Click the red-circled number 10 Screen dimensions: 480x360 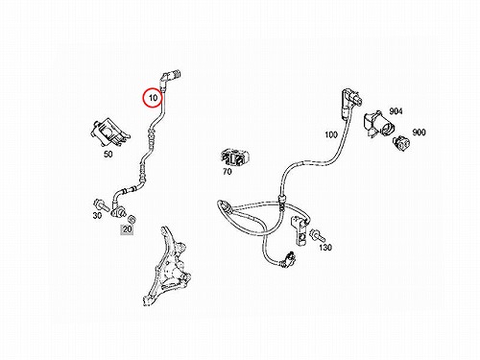click(154, 98)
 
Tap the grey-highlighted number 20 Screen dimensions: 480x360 click(127, 229)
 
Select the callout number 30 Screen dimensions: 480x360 click(97, 215)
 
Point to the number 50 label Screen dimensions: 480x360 click(108, 154)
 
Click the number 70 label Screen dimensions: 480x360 click(227, 172)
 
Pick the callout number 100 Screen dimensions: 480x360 click(331, 134)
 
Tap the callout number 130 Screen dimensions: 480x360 click(325, 247)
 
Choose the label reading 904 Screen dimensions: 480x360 click(396, 111)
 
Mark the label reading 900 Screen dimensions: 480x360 click(419, 132)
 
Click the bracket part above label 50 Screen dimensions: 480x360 click(109, 132)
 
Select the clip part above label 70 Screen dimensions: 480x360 click(235, 157)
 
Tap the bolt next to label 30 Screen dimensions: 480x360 click(100, 204)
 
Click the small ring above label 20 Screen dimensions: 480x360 click(132, 219)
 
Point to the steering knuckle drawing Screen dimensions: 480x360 click(167, 267)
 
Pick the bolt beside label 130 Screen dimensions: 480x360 click(318, 235)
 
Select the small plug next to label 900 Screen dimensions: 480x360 click(401, 142)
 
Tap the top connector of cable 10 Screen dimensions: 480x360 click(170, 78)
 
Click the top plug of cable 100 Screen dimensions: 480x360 click(351, 99)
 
